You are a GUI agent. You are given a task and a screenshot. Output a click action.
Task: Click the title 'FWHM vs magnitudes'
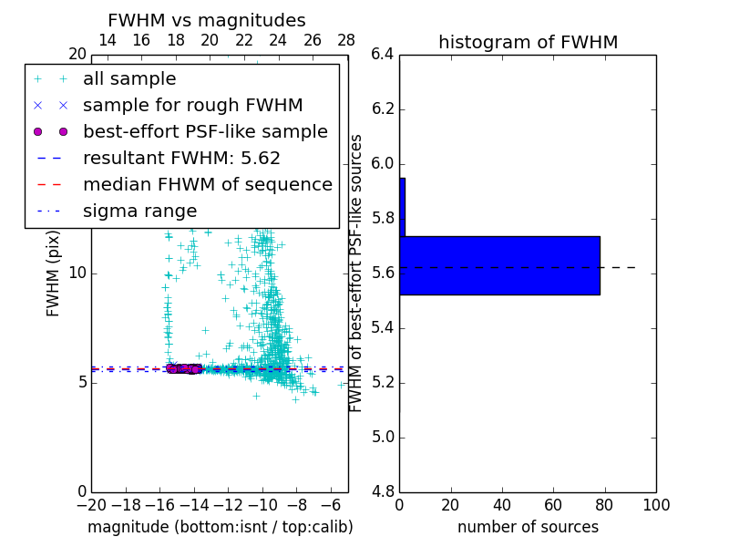pos(207,20)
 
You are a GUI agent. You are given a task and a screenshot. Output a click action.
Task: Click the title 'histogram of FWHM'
pos(528,42)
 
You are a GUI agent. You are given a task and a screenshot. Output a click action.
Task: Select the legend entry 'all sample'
pos(129,79)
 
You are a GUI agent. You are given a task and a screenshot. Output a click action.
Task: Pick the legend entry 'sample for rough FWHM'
pos(193,105)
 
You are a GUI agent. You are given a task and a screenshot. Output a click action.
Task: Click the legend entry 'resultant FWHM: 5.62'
pos(181,158)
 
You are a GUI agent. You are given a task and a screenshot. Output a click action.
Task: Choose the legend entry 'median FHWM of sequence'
pos(208,184)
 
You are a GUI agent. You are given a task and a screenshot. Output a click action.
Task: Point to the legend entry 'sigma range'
pos(139,211)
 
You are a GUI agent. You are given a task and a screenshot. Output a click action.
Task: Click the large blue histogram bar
pos(499,265)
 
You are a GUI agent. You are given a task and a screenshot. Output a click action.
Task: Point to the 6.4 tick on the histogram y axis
pos(383,55)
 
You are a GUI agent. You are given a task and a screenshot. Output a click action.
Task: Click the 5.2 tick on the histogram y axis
pos(383,382)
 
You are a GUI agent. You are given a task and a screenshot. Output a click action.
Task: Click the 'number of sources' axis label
pos(528,527)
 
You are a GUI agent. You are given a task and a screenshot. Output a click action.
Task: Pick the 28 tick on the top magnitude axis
pos(346,40)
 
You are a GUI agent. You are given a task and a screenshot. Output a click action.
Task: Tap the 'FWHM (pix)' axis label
pos(54,273)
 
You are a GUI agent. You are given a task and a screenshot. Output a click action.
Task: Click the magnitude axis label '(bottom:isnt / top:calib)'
pos(220,527)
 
